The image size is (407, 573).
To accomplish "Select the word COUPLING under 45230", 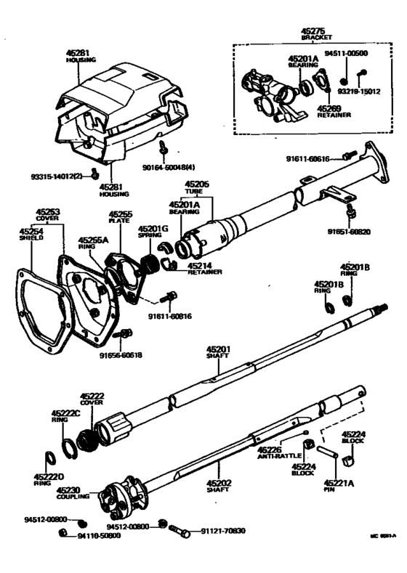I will (x=73, y=497).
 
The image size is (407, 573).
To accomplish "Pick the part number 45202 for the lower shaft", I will (x=217, y=482).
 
